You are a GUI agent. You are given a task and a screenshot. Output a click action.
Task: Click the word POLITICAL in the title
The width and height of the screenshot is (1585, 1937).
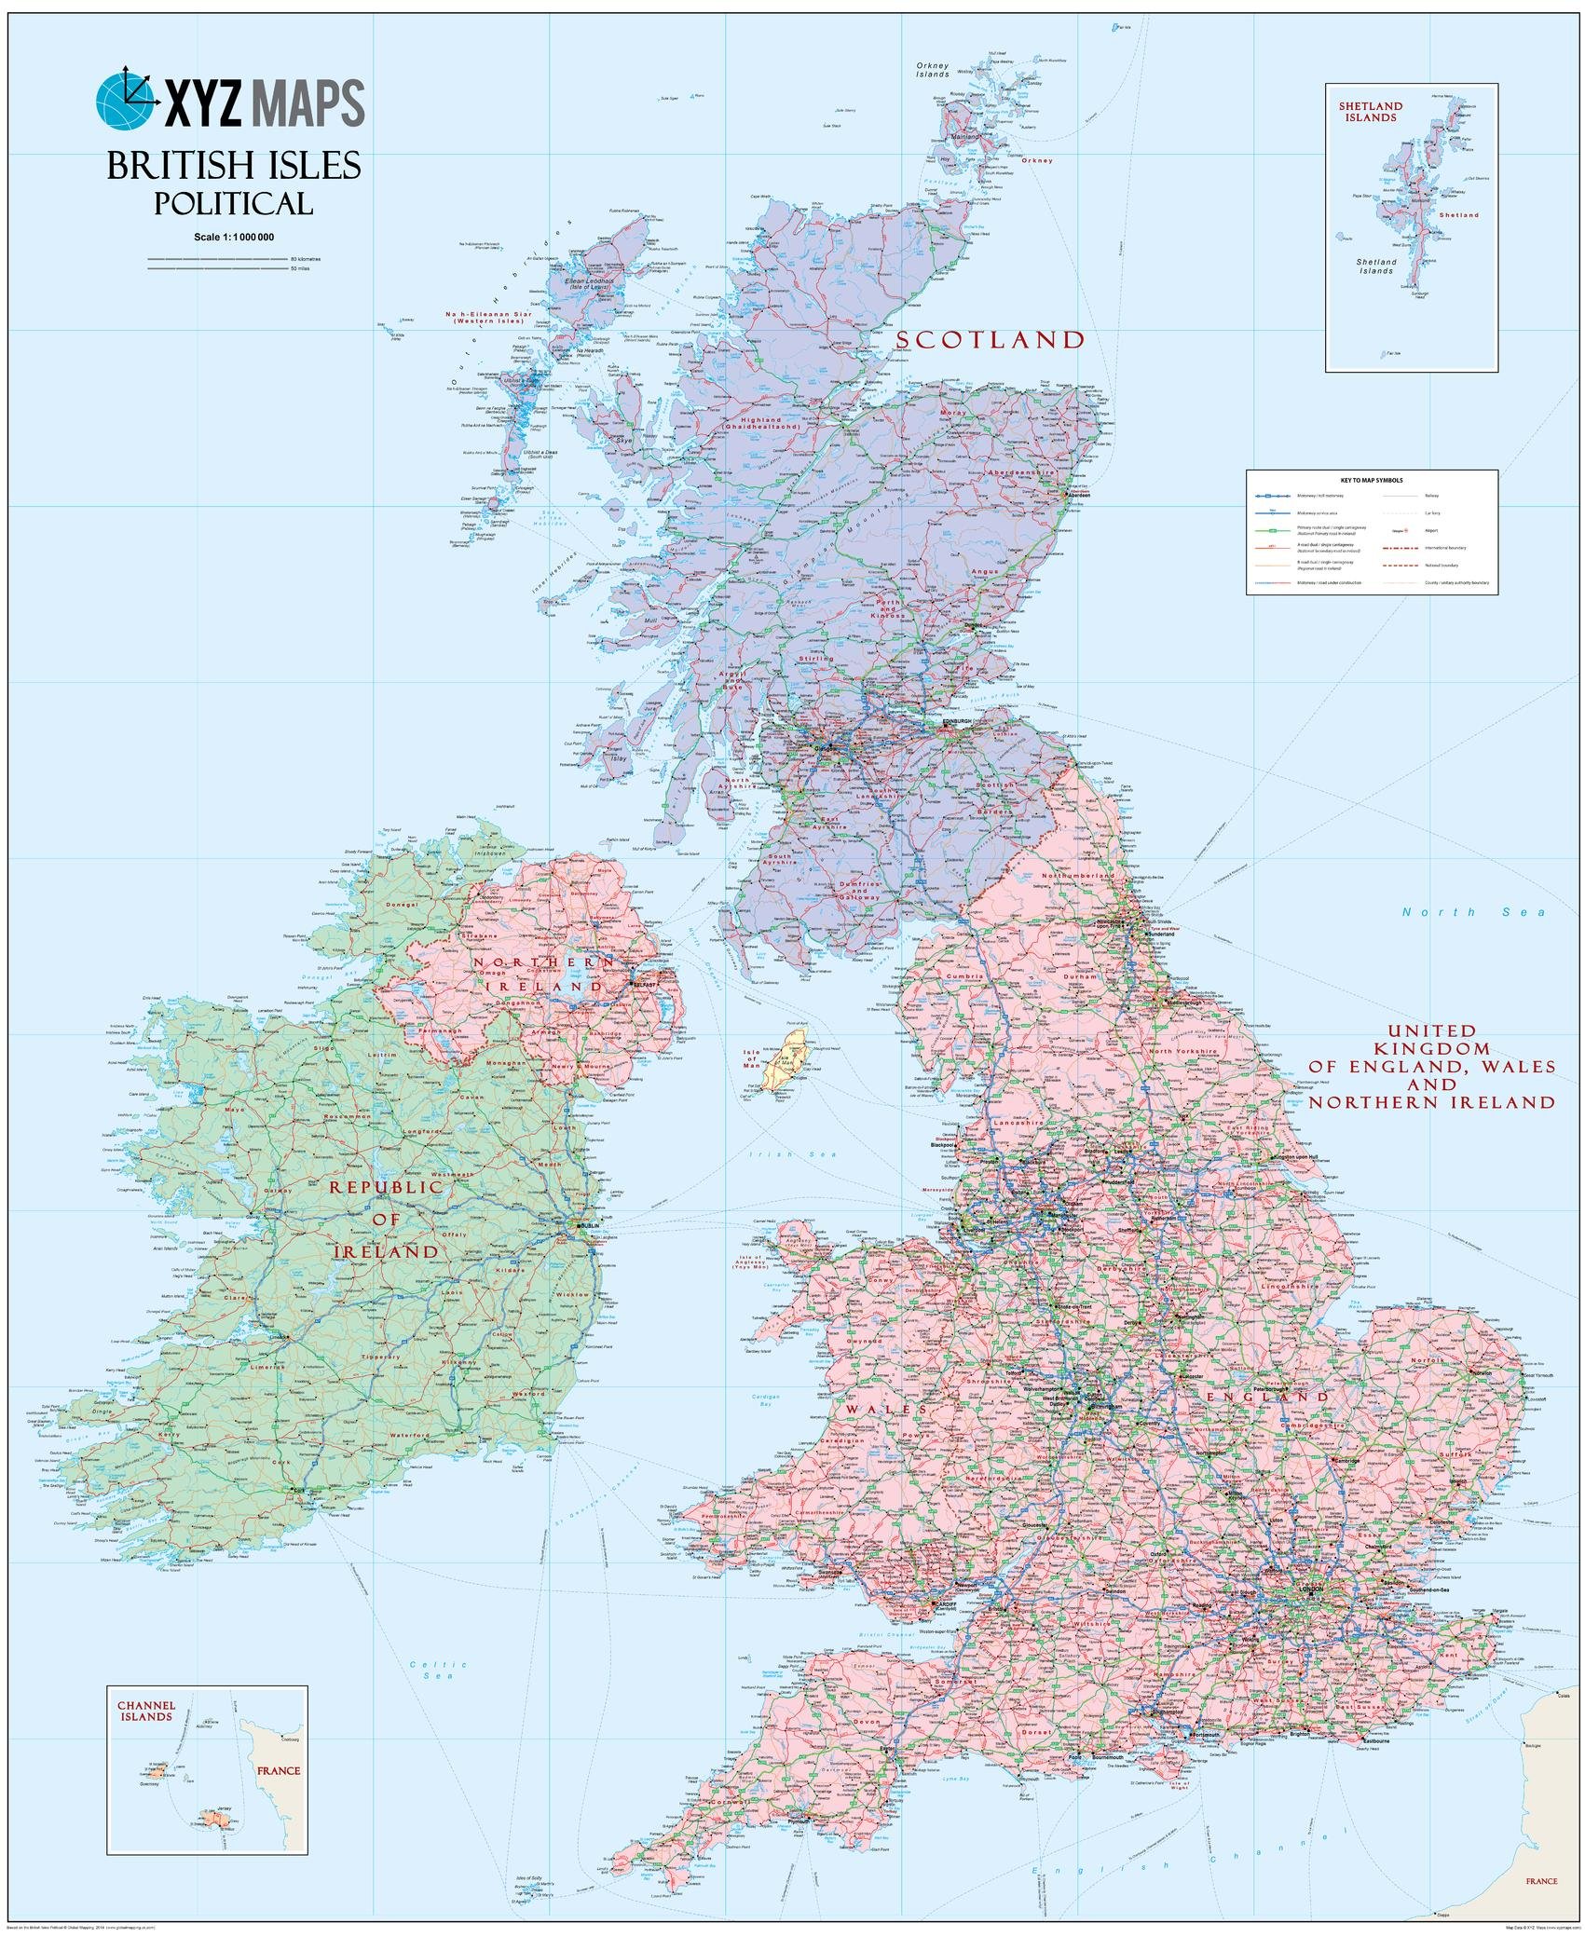233,202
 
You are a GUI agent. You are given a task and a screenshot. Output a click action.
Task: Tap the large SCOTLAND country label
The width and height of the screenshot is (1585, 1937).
991,340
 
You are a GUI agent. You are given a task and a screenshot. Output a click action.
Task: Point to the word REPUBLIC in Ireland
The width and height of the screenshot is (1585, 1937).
384,1188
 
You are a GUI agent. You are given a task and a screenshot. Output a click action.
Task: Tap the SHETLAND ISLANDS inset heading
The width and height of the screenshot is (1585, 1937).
1368,112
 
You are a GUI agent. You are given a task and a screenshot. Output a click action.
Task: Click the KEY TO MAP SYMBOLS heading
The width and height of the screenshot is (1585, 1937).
1372,480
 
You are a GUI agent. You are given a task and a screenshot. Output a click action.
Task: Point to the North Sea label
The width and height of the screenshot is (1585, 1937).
1474,912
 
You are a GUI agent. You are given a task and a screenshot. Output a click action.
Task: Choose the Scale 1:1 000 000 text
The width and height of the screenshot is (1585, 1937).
234,238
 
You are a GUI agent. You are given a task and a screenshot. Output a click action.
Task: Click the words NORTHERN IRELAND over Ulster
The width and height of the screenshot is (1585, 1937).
542,973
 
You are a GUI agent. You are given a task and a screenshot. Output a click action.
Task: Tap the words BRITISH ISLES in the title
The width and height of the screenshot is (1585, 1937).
234,166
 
